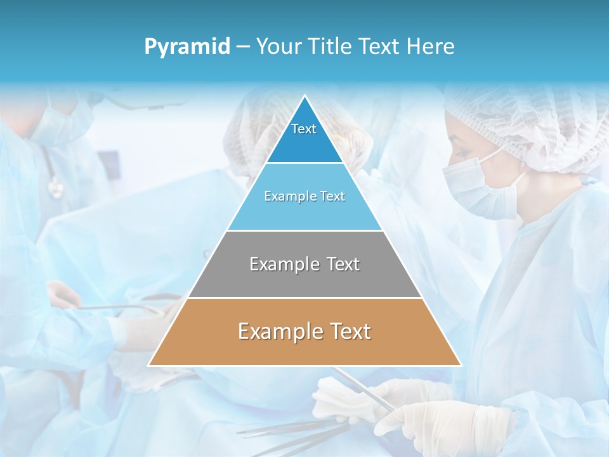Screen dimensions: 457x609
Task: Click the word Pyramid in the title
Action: [187, 47]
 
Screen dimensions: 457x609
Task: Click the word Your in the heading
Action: [280, 47]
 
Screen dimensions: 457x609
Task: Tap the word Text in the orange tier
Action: [348, 331]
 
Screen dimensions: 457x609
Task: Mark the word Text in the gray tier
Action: [343, 264]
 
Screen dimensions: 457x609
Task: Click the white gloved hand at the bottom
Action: [444, 422]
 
